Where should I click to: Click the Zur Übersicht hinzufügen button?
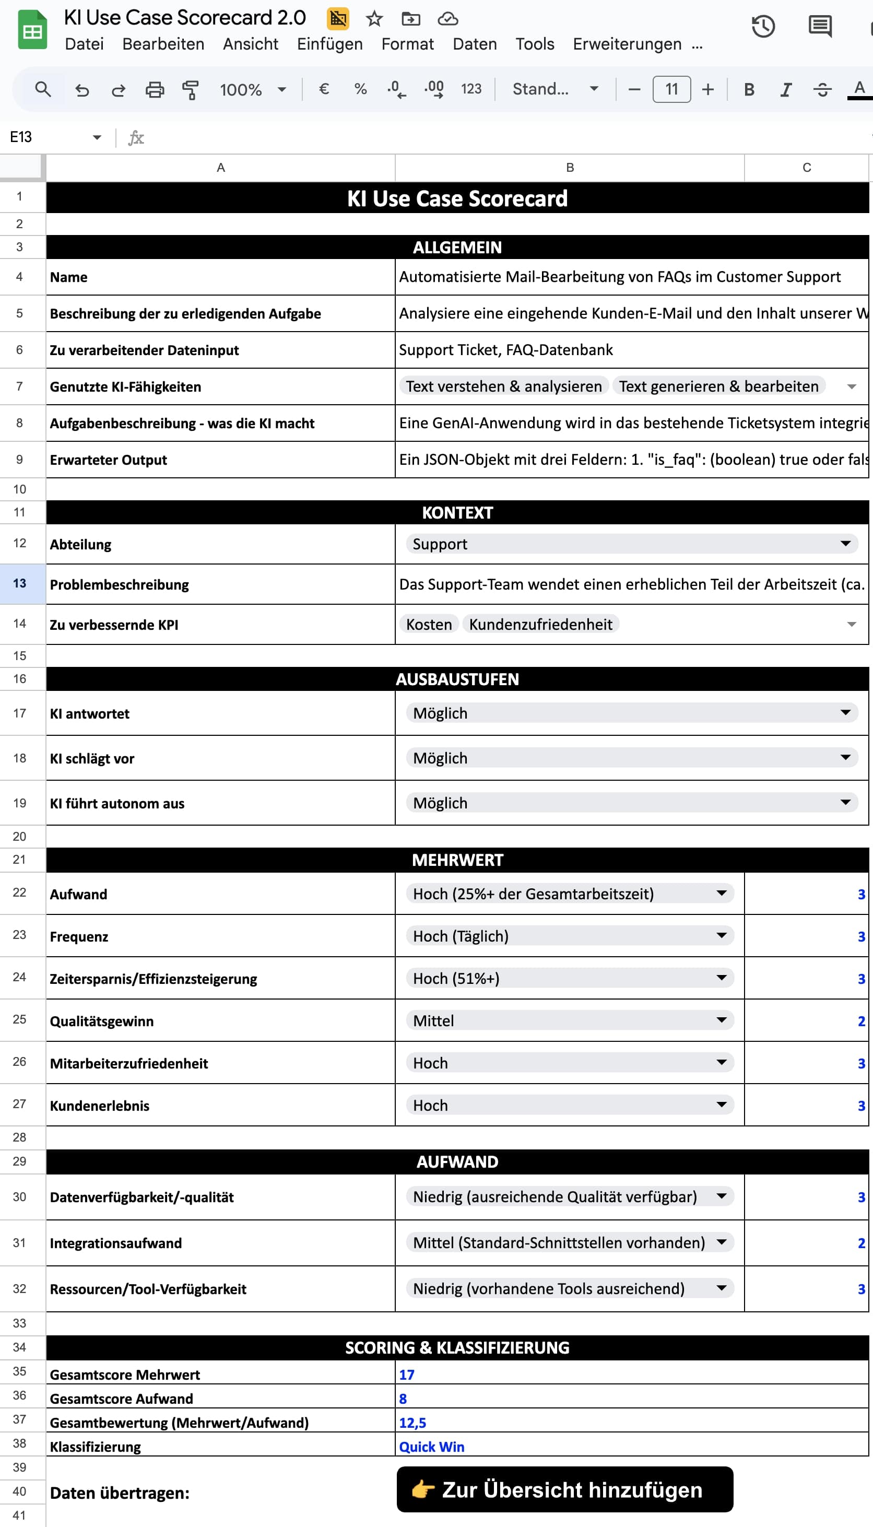pyautogui.click(x=564, y=1489)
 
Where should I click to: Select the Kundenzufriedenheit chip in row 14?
pyautogui.click(x=540, y=624)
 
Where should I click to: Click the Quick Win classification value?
pyautogui.click(x=432, y=1446)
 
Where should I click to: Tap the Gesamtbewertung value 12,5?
pyautogui.click(x=412, y=1422)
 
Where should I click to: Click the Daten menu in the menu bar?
pyautogui.click(x=474, y=44)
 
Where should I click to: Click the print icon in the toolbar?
pyautogui.click(x=155, y=89)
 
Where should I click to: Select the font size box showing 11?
pyautogui.click(x=671, y=89)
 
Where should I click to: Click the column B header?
pyautogui.click(x=570, y=168)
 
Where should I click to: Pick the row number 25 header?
pyautogui.click(x=20, y=1019)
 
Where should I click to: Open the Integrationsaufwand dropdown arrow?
pyautogui.click(x=721, y=1242)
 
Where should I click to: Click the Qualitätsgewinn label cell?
pyautogui.click(x=101, y=1021)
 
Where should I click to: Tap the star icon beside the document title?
pyautogui.click(x=374, y=19)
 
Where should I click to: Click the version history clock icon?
pyautogui.click(x=763, y=27)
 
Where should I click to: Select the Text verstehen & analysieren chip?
pyautogui.click(x=504, y=386)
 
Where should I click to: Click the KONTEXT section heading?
pyautogui.click(x=457, y=513)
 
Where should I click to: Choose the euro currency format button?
pyautogui.click(x=324, y=89)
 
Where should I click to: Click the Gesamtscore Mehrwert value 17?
pyautogui.click(x=407, y=1374)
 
